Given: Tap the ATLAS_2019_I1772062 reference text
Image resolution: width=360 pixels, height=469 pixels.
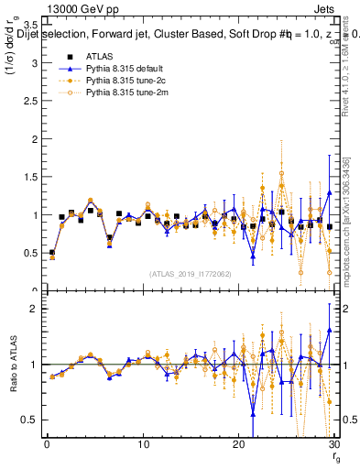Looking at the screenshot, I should (191, 273).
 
